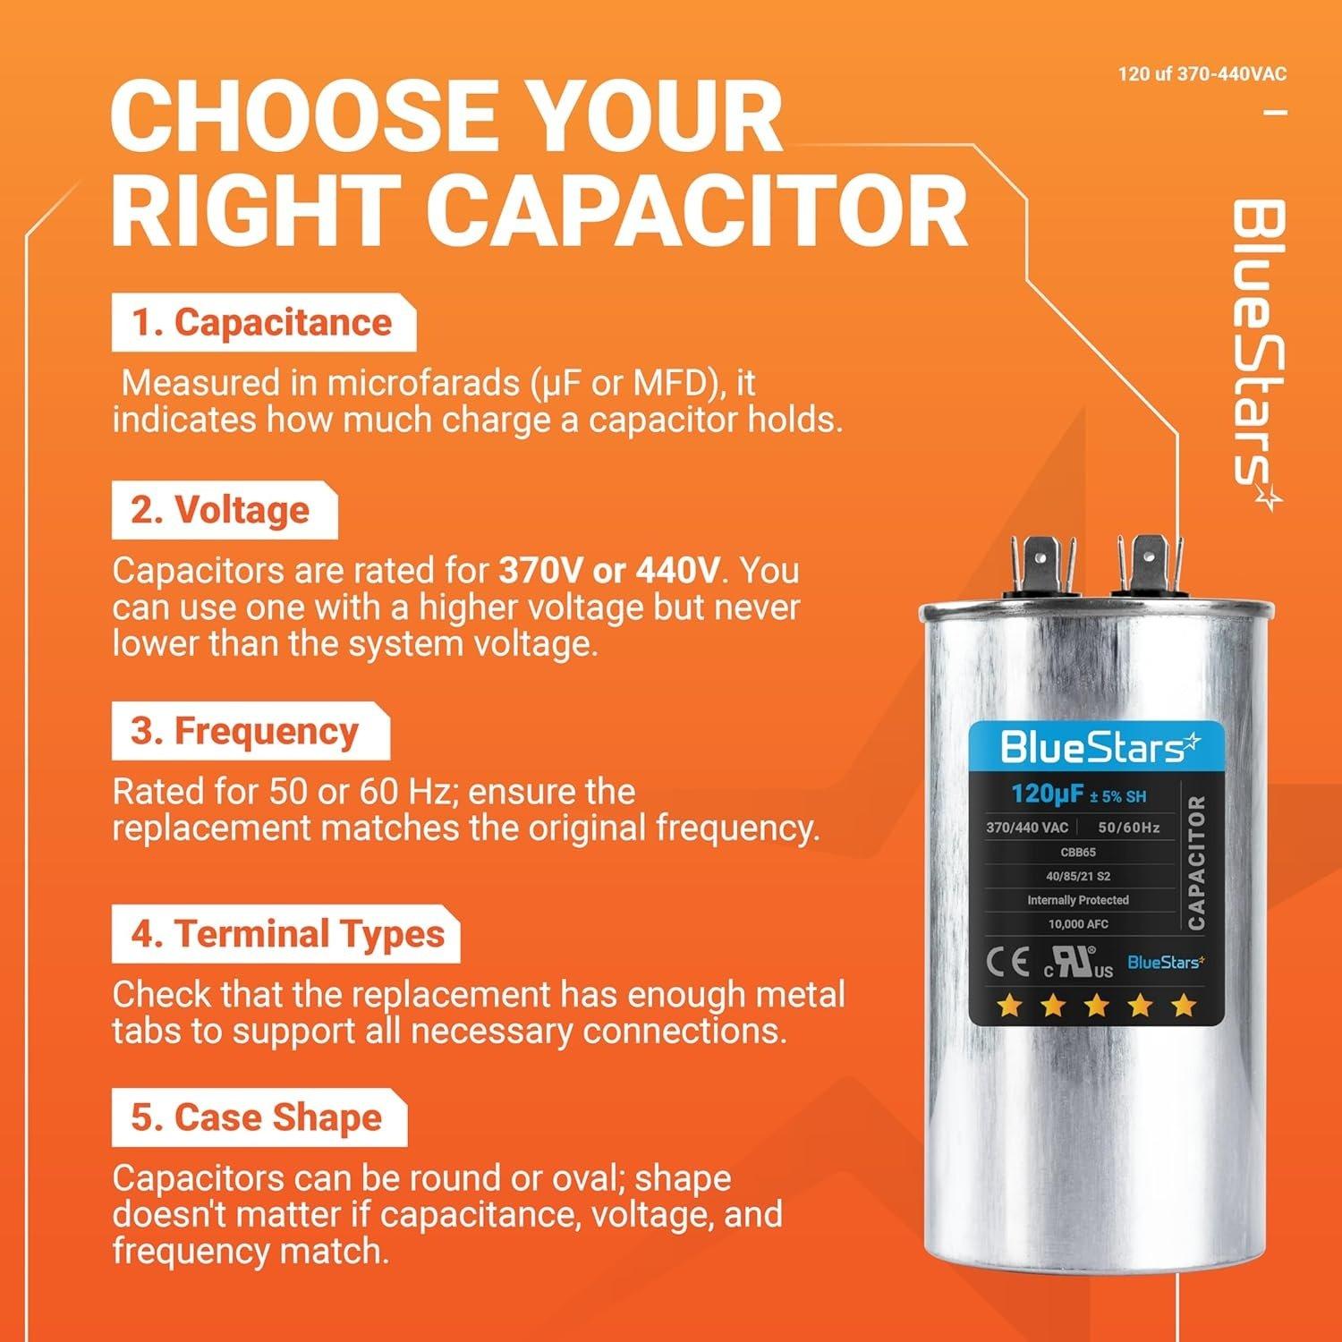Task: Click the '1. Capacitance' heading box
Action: tap(263, 323)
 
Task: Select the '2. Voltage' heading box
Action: tap(224, 510)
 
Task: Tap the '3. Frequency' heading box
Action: tap(250, 731)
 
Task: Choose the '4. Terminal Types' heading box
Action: tap(285, 934)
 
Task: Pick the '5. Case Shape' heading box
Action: tap(259, 1118)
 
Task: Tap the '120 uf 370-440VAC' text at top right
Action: tap(1202, 73)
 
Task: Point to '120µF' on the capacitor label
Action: tap(1048, 794)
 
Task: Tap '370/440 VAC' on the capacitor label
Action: tap(1027, 828)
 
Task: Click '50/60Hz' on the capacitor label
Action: tap(1128, 828)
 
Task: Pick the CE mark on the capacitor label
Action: tap(1007, 964)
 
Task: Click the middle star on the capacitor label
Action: tap(1096, 1006)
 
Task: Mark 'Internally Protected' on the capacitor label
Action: tap(1077, 900)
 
